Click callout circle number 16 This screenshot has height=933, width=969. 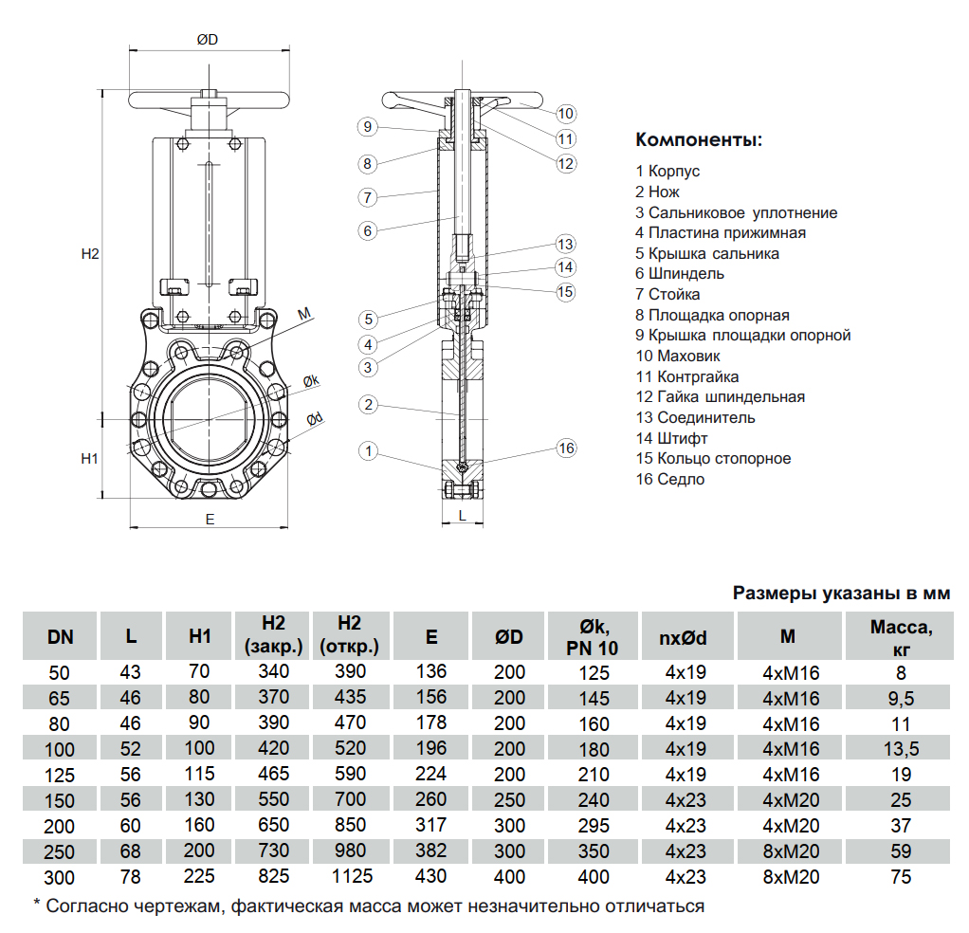pyautogui.click(x=566, y=448)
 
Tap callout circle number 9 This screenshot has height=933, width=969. pyautogui.click(x=369, y=126)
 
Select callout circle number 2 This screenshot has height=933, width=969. pyautogui.click(x=369, y=405)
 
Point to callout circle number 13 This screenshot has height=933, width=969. pyautogui.click(x=566, y=243)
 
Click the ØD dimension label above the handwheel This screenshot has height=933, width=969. pyautogui.click(x=208, y=40)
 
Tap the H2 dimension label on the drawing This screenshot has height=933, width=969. pyautogui.click(x=90, y=254)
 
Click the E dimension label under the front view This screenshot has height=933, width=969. pyautogui.click(x=210, y=519)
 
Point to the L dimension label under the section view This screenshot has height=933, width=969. pyautogui.click(x=462, y=515)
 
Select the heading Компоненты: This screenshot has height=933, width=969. pyautogui.click(x=698, y=141)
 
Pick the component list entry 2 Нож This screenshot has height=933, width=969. pyautogui.click(x=658, y=192)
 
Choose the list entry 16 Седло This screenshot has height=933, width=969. pyautogui.click(x=670, y=479)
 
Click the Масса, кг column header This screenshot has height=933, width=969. pyautogui.click(x=901, y=636)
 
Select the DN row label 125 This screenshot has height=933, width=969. pyautogui.click(x=61, y=775)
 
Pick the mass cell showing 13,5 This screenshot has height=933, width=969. pyautogui.click(x=901, y=749)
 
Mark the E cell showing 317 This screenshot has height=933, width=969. pyautogui.click(x=431, y=826)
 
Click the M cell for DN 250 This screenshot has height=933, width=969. pyautogui.click(x=791, y=851)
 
